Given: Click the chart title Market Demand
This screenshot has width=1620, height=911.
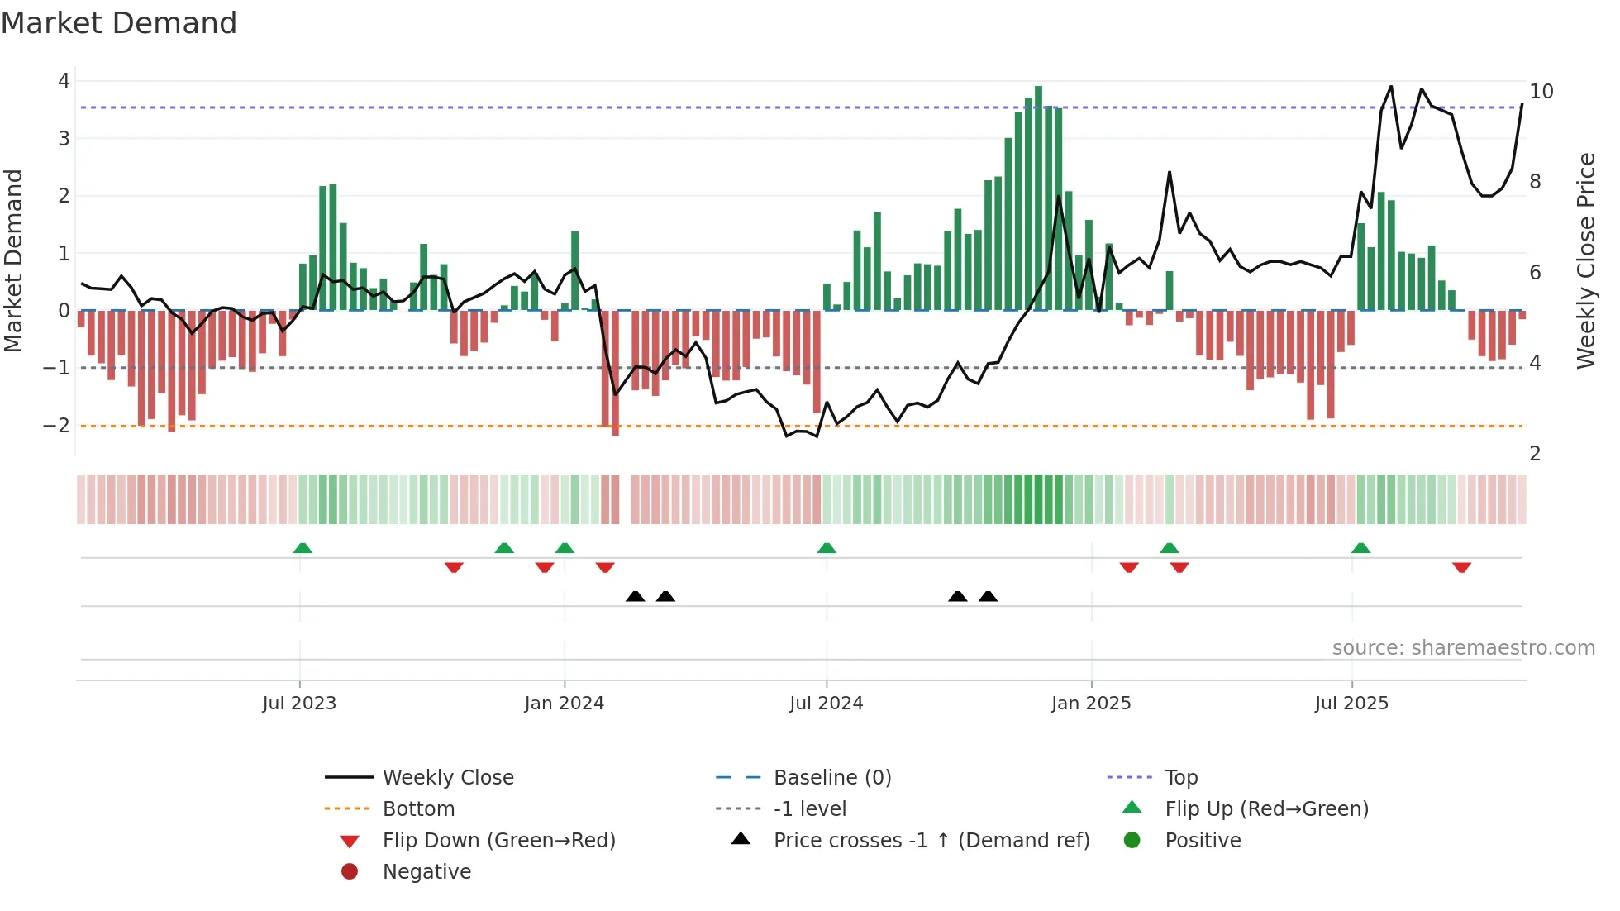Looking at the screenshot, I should click(119, 23).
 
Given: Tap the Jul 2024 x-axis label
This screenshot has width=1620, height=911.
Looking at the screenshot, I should click(826, 704).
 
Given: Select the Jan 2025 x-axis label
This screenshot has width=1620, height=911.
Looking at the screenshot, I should click(1090, 704).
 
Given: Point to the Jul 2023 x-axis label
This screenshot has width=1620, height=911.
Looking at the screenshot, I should click(299, 704).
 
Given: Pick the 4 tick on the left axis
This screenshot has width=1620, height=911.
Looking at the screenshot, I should click(64, 81).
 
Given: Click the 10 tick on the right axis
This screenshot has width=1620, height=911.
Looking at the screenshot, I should click(1541, 92).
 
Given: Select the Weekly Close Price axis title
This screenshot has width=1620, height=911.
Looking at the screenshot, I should click(1585, 260).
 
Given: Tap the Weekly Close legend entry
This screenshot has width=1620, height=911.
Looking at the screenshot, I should click(447, 778).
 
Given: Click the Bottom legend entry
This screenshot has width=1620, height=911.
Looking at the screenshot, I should click(418, 809).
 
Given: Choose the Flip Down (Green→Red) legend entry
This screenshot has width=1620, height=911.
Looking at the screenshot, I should click(498, 841).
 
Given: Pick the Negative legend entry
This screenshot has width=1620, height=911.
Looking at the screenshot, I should click(426, 872).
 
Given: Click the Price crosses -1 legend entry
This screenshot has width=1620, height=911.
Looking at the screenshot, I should click(931, 841).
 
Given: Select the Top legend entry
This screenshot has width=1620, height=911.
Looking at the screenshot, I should click(1180, 778).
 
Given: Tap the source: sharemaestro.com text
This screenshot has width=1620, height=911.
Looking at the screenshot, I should click(1463, 648).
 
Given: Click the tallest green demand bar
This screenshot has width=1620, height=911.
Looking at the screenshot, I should click(1038, 198).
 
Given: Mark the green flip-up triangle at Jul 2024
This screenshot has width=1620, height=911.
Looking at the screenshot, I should click(827, 548).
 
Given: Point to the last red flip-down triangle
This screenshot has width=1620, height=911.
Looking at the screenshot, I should click(1461, 567).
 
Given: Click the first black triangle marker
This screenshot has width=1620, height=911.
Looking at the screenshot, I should click(635, 596).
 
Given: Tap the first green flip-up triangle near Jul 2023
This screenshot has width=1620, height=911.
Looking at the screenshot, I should click(303, 548).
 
